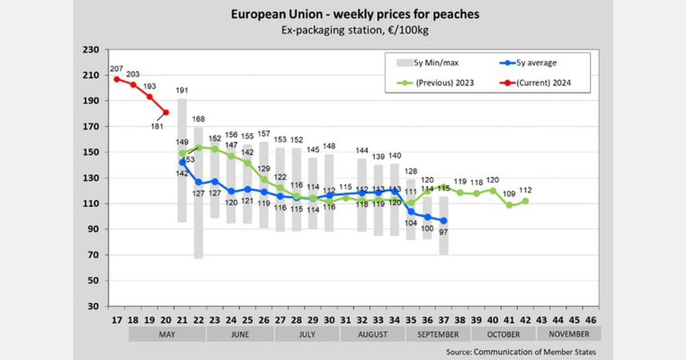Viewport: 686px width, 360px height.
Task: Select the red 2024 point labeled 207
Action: coord(117,79)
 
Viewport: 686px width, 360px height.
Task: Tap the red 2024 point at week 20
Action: coord(166,113)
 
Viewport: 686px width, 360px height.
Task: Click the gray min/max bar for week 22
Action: coord(198,192)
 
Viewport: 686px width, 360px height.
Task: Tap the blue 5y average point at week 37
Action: coord(444,221)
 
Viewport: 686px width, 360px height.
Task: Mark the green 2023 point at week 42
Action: coord(525,201)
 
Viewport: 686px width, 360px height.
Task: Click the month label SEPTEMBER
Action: coord(438,334)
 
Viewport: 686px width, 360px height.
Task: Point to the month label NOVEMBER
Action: coord(568,334)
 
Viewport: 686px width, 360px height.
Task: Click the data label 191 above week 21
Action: coord(182,90)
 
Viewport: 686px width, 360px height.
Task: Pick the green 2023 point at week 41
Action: coord(509,205)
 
